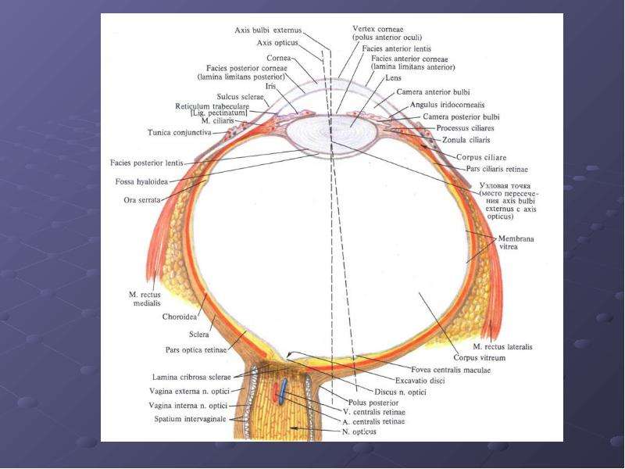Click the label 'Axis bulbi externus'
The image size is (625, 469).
tap(268, 30)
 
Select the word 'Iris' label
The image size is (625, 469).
tap(270, 86)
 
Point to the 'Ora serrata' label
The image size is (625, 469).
tap(142, 200)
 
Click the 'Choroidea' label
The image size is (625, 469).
tap(180, 317)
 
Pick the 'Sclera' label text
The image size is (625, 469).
tap(199, 335)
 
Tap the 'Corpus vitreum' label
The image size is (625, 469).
tap(480, 358)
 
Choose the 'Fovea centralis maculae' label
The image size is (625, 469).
tap(451, 370)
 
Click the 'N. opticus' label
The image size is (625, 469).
tap(359, 431)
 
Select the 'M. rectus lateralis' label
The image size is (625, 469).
tap(502, 347)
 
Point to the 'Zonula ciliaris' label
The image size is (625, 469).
tap(466, 140)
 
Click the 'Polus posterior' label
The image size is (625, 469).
tap(373, 403)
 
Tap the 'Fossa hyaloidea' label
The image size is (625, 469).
tap(142, 182)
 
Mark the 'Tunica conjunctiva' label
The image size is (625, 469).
tap(180, 132)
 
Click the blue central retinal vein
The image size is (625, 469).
tap(283, 392)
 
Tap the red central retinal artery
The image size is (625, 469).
tap(276, 392)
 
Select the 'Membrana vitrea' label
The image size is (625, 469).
tap(516, 242)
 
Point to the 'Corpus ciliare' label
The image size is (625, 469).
tap(481, 157)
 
